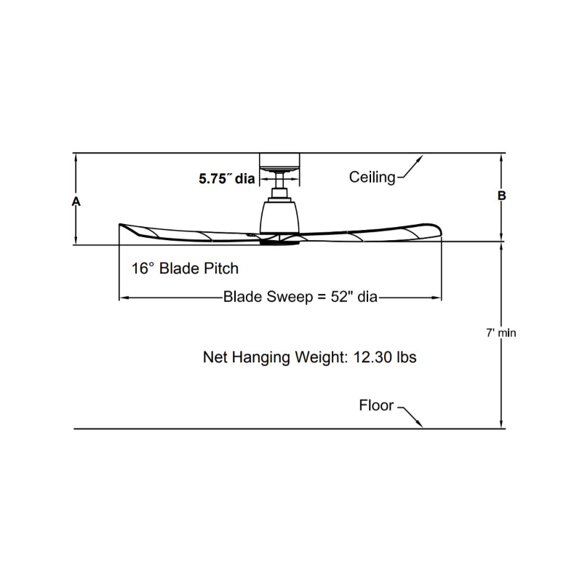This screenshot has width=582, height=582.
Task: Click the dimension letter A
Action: point(76,202)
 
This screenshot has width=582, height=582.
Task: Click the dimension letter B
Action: point(501,195)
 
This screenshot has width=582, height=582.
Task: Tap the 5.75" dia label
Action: point(227,179)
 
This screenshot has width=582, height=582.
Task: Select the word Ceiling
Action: point(372,178)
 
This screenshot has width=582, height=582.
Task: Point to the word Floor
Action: point(376,405)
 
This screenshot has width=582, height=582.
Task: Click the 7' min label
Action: point(501,333)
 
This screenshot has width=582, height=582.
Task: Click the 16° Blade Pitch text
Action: point(185,268)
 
